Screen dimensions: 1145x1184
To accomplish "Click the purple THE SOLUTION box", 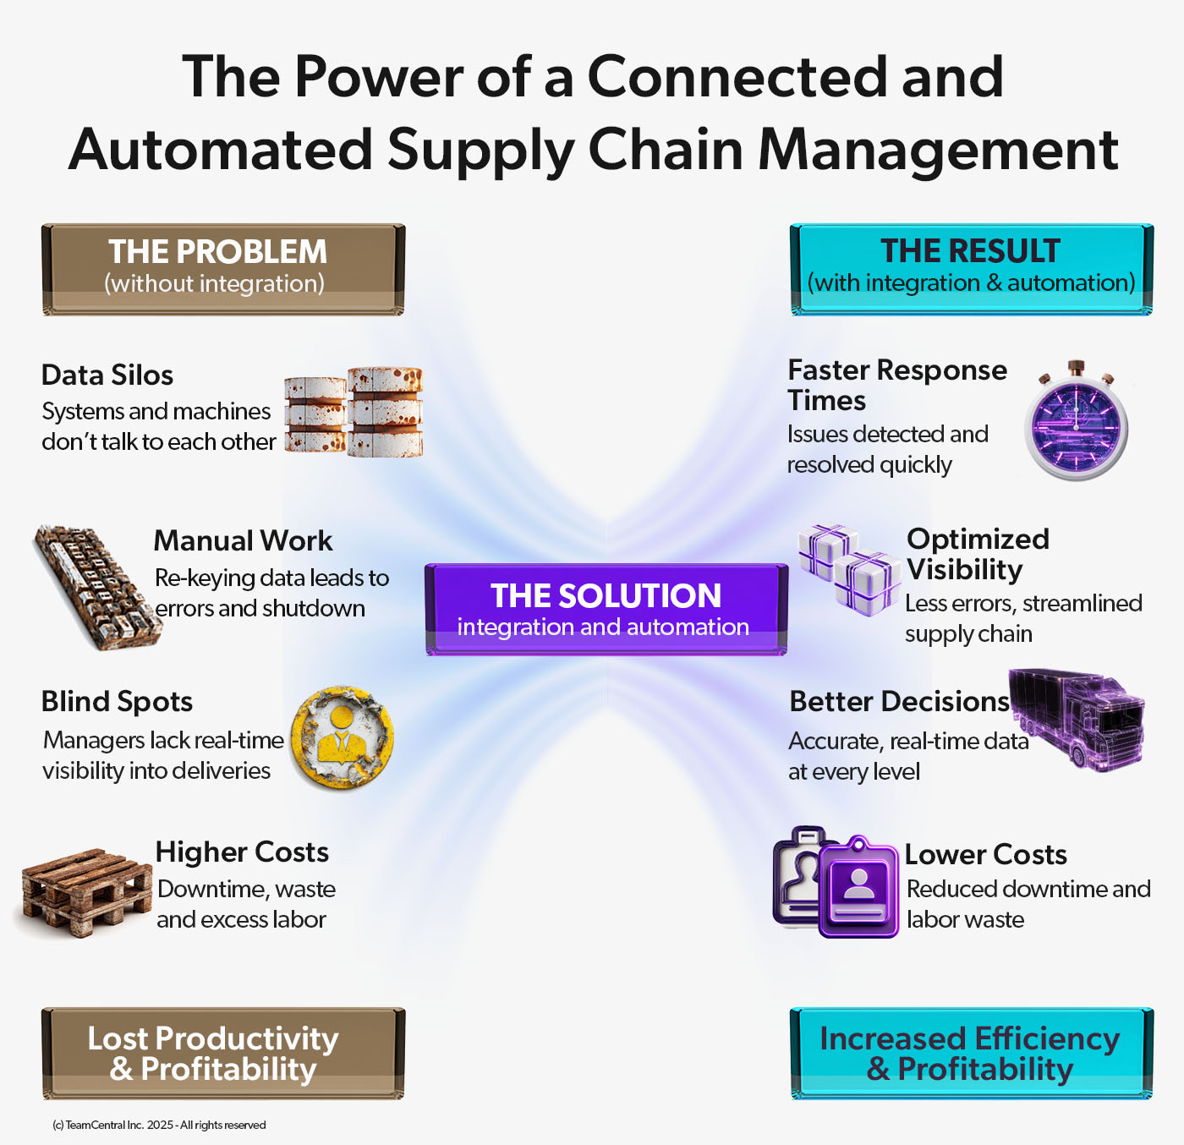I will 606,609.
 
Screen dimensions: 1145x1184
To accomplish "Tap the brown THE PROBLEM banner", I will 223,269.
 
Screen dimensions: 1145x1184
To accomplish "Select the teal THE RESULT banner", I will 971,269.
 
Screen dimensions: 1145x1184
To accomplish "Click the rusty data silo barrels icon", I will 354,412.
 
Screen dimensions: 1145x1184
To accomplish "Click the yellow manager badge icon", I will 342,738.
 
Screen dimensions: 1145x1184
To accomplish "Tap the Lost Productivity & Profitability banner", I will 223,1053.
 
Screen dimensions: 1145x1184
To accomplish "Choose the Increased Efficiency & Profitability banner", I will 971,1053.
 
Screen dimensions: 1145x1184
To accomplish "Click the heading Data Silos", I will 107,375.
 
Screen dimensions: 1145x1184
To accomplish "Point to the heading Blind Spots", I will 117,701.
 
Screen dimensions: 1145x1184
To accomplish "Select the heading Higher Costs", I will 242,852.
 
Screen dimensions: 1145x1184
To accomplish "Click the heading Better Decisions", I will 899,701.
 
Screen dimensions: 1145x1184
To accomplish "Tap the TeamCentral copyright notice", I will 159,1125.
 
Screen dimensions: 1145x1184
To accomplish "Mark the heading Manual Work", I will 243,540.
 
